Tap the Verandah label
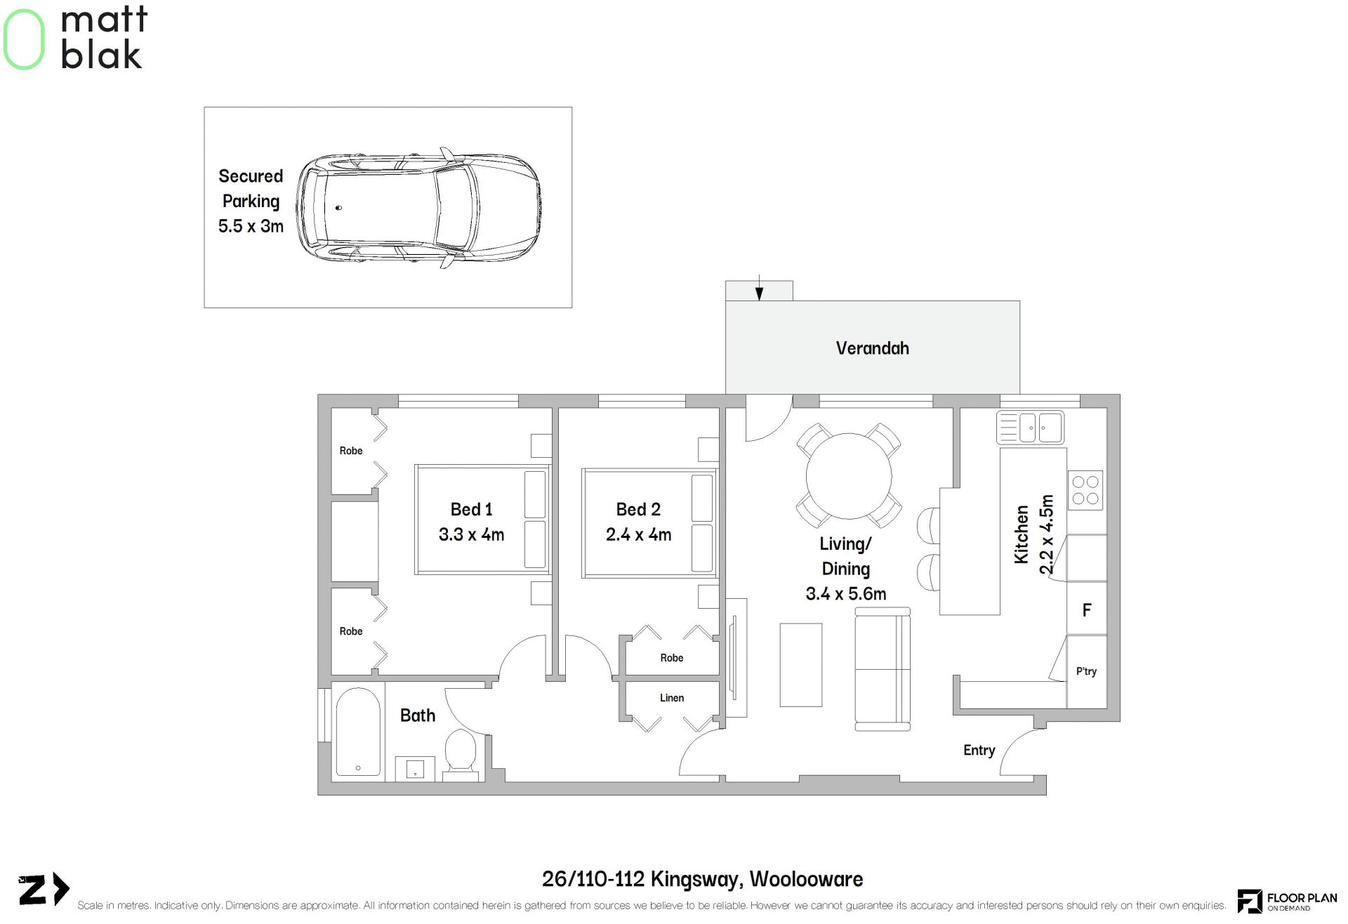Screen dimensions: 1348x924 click(x=872, y=348)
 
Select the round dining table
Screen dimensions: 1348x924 click(x=849, y=475)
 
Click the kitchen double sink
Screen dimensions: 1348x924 click(x=1030, y=427)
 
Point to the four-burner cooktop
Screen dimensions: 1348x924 click(x=1085, y=490)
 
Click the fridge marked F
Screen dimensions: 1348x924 click(x=1087, y=609)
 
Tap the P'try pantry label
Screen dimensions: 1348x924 click(x=1086, y=671)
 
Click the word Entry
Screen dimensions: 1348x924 click(x=979, y=751)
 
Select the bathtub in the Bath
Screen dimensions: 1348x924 click(x=358, y=733)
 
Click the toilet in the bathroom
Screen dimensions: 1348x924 click(x=461, y=755)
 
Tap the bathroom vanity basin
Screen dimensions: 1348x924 click(x=415, y=769)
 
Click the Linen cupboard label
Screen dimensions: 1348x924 click(x=672, y=698)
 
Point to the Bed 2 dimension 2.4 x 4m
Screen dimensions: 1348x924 click(x=638, y=534)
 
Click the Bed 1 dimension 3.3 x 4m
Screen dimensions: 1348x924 click(x=471, y=534)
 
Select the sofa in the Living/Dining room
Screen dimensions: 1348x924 click(x=883, y=670)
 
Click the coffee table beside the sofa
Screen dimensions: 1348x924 click(x=800, y=664)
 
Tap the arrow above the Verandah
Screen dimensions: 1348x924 click(x=759, y=290)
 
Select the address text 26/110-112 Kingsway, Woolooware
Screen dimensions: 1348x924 click(x=702, y=879)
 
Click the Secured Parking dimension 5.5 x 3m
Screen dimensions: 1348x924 click(x=251, y=226)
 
